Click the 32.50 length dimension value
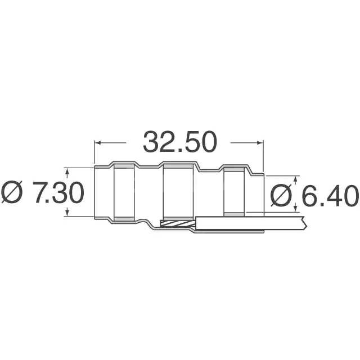(x=179, y=142)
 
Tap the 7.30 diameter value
(x=59, y=192)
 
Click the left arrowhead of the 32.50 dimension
(x=96, y=142)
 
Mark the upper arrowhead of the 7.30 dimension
(x=67, y=170)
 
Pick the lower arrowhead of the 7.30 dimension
(x=67, y=213)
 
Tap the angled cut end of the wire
(x=304, y=223)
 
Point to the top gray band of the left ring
(x=124, y=166)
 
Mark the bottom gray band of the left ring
(x=124, y=218)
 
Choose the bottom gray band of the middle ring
(x=178, y=218)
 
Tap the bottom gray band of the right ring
(x=233, y=214)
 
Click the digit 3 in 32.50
(x=152, y=142)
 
